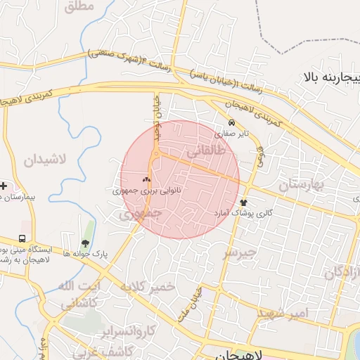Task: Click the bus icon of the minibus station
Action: pyautogui.click(x=22, y=239)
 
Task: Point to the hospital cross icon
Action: pyautogui.click(x=4, y=186)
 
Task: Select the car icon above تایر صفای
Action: pyautogui.click(x=231, y=122)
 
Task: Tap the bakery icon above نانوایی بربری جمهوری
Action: pyautogui.click(x=147, y=180)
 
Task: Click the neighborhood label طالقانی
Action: pyautogui.click(x=206, y=151)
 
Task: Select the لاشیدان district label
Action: pyautogui.click(x=44, y=160)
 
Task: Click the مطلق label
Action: pyautogui.click(x=78, y=8)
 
